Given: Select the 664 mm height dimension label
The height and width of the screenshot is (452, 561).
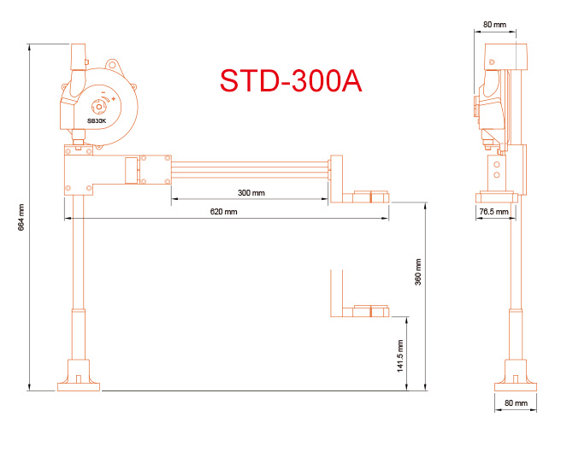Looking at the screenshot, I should tap(21, 218).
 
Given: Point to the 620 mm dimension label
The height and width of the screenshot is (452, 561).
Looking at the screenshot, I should tap(224, 211).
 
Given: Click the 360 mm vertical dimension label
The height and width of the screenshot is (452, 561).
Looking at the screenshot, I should tap(418, 273).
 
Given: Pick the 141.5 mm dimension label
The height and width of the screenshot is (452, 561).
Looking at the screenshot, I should tap(401, 355).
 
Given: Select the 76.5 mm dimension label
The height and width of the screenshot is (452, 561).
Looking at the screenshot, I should tap(493, 211).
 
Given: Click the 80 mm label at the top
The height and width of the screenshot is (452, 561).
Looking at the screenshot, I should tap(493, 25).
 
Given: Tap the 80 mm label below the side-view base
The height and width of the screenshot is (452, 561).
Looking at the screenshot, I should tap(515, 402).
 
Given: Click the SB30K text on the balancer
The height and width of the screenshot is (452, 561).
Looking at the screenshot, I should tap(97, 120).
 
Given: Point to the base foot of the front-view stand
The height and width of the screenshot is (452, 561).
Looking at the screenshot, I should tap(79, 375).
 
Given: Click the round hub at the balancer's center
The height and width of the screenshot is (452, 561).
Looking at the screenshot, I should tap(97, 106).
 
